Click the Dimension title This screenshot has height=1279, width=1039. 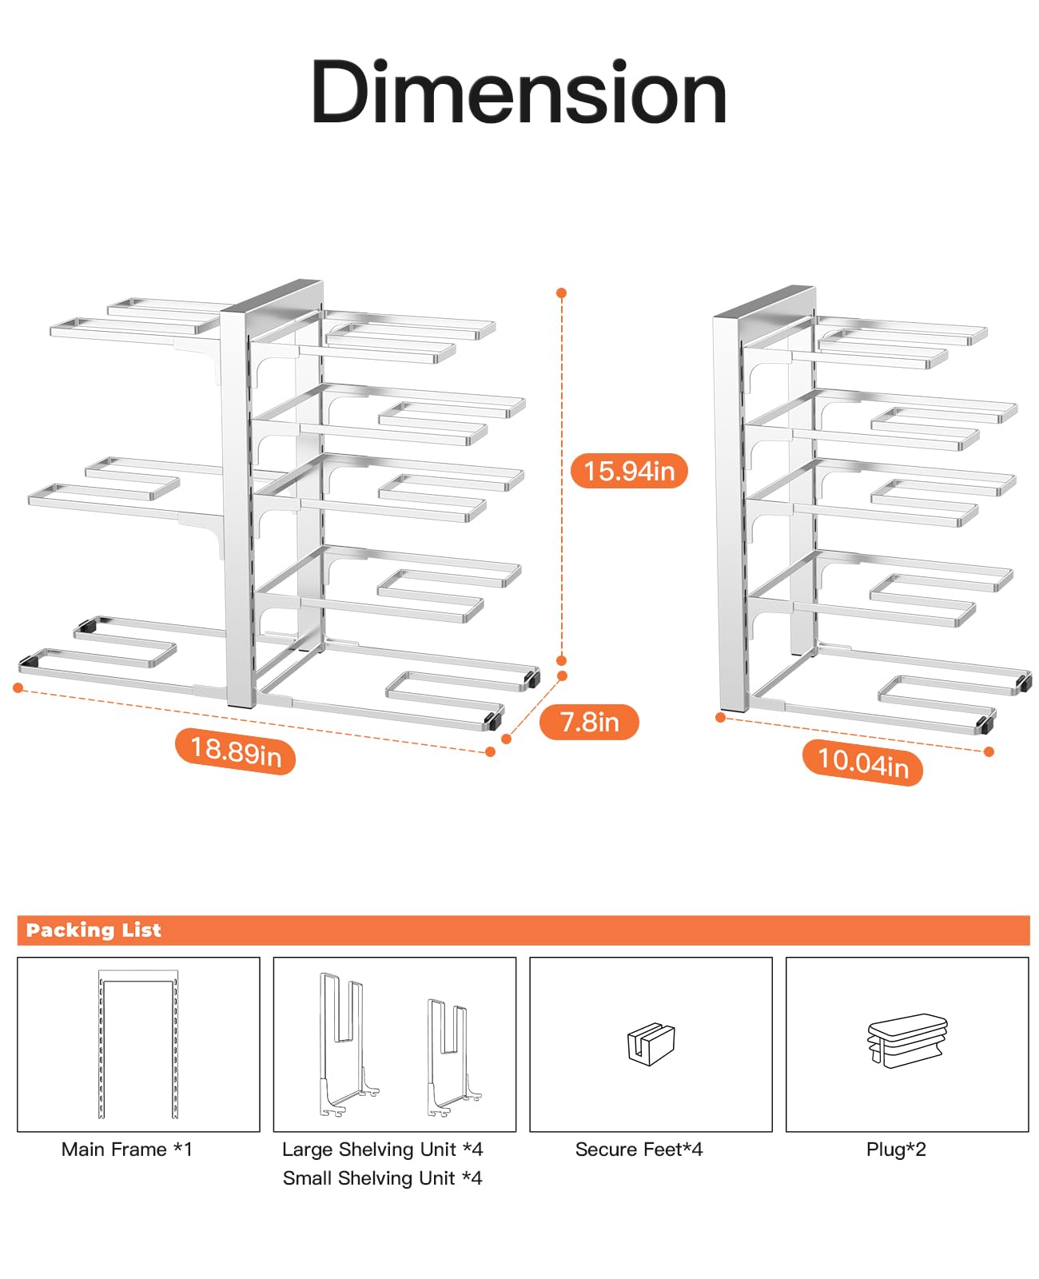pos(519,94)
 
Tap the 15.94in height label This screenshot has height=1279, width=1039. pos(629,471)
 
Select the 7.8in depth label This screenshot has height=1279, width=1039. pos(589,722)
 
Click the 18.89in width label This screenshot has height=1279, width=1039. pos(235,751)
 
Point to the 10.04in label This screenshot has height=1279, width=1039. pos(862,762)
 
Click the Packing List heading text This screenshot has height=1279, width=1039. pos(94,930)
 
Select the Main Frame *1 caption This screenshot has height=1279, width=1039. pos(127,1150)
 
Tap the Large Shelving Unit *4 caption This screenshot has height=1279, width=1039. pos(382,1150)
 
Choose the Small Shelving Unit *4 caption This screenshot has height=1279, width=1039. pos(382,1178)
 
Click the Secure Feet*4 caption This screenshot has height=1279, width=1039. pos(639,1150)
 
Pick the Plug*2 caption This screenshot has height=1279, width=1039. pos(896,1150)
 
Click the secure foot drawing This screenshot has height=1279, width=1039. pos(651,1044)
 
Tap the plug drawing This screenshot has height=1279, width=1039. pos(907,1041)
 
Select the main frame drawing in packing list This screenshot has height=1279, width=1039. pos(138,1043)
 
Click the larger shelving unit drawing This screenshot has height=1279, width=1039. pos(345,1043)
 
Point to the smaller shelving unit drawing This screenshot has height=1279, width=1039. pos(452,1057)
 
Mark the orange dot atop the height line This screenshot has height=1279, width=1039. pos(562,293)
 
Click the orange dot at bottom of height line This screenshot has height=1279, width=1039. pos(562,660)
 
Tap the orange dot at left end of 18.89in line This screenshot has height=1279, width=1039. pos(18,687)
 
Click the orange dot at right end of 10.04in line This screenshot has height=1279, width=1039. pos(989,751)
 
